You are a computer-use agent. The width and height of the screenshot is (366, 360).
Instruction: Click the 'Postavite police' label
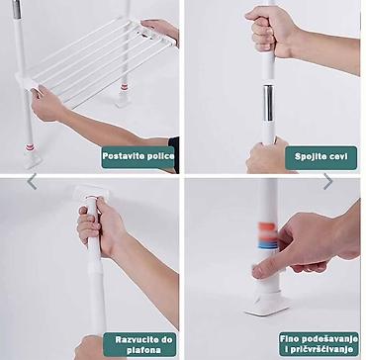[x=137, y=157]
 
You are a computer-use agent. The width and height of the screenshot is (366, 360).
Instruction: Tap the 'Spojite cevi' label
[x=320, y=157]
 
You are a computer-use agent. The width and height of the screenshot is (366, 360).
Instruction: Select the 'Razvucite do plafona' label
[x=139, y=344]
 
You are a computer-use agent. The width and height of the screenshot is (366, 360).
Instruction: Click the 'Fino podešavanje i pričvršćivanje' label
[x=319, y=343]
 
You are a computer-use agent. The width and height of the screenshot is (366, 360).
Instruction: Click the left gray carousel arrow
[x=32, y=182]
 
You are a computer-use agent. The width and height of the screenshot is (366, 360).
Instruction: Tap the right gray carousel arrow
[x=327, y=182]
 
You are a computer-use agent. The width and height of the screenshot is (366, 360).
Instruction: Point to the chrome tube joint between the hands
[x=268, y=103]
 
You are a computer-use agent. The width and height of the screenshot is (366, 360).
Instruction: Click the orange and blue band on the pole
[x=267, y=236]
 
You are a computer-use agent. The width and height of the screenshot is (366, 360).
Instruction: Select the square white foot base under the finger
[x=268, y=305]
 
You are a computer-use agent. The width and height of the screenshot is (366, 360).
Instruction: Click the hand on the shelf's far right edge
[x=161, y=30]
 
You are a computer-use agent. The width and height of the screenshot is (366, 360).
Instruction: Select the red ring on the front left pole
[x=30, y=147]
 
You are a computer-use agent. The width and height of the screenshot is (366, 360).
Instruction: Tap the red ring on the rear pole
[x=124, y=87]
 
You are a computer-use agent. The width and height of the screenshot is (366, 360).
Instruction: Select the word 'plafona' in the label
[x=139, y=350]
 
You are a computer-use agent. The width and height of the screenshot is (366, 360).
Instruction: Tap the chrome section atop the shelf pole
[x=17, y=9]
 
